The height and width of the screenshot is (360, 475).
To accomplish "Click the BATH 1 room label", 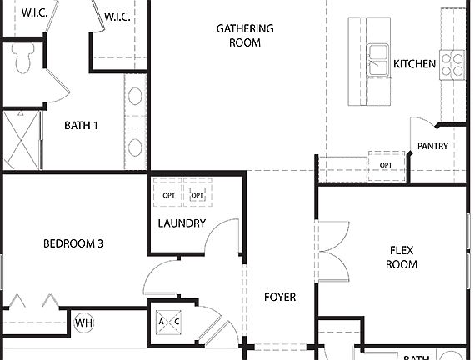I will tap(81, 126).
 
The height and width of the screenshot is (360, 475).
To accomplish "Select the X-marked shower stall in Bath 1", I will tap(22, 140).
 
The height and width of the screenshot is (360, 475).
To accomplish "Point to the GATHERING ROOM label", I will tap(244, 36).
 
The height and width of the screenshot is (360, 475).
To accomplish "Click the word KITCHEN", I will tap(414, 64).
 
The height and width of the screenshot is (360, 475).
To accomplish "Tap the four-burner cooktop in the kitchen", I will tap(452, 64).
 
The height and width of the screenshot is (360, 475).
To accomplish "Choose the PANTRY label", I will tap(432, 147).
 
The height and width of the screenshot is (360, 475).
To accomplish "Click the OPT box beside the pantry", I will tap(386, 165).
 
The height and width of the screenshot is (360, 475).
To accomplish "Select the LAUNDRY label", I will tap(182, 223).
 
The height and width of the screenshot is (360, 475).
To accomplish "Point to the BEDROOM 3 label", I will tap(73, 244).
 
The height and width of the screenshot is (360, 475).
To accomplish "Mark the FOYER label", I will tap(279, 297).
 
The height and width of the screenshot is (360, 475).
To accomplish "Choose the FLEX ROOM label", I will tap(401, 257).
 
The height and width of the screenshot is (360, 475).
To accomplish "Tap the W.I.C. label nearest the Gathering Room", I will tap(116, 16).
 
